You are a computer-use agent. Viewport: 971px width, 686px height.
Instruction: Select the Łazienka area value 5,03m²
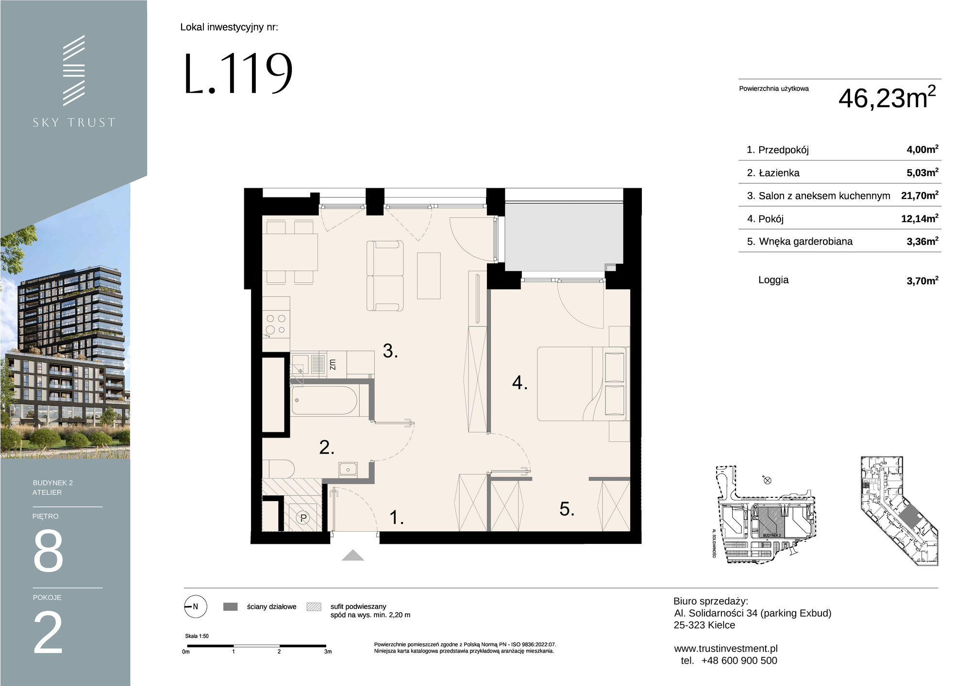[x=922, y=172]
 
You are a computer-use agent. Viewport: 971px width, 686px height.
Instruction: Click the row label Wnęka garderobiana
[x=806, y=241]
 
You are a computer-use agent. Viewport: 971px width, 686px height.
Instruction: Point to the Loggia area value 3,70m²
[x=922, y=280]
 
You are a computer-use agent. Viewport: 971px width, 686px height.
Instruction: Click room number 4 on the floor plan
[x=519, y=383]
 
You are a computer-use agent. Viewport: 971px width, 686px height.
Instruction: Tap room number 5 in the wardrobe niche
[x=567, y=509]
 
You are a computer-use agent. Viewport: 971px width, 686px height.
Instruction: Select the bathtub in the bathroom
[x=325, y=401]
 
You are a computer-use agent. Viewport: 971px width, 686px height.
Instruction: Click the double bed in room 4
[x=581, y=383]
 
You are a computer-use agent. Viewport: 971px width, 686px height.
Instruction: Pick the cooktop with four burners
[x=276, y=325]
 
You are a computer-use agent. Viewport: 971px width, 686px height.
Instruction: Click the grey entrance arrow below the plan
[x=353, y=555]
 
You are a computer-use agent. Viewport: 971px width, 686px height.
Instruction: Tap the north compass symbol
[x=195, y=606]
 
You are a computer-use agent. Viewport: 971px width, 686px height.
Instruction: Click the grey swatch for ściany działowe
[x=230, y=606]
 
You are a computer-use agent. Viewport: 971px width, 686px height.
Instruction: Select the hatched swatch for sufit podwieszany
[x=314, y=606]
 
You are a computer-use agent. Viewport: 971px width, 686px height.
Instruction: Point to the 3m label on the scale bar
[x=328, y=652]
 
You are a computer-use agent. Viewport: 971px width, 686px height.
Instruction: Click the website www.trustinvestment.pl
[x=726, y=649]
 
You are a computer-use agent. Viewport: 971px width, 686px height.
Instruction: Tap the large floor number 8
[x=48, y=551]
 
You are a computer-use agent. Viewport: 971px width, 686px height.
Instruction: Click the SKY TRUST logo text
[x=74, y=122]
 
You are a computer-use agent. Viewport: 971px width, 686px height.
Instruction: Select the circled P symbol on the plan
[x=303, y=518]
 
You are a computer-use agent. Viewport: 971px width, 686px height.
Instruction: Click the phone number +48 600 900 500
[x=739, y=661]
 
